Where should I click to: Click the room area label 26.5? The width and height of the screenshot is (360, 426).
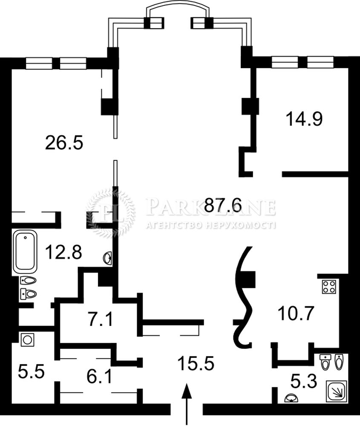coord(64,143)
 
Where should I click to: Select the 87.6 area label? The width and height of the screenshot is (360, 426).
coord(223,205)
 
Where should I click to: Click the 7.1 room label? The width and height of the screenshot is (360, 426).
coord(100,319)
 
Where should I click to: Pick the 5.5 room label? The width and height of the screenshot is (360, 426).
coord(31,372)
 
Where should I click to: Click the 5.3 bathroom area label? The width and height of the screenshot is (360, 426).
coord(304,381)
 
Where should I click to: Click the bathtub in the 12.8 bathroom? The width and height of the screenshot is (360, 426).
coord(25,252)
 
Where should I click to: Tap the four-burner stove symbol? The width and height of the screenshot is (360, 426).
coord(329,287)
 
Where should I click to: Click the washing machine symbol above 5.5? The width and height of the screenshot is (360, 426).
coord(27,340)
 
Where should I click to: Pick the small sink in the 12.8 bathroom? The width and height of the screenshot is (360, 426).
coord(108,258)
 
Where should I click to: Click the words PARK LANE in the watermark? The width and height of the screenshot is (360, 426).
coord(210,207)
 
